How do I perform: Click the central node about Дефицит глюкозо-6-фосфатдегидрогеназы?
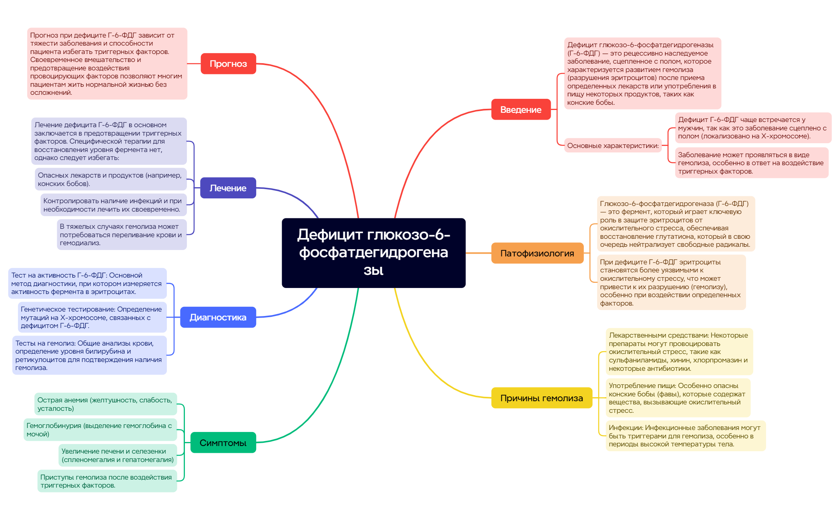[x=373, y=253]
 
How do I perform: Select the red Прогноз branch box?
[x=228, y=64]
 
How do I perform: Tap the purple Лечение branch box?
[x=228, y=188]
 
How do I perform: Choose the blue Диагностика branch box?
[x=218, y=317]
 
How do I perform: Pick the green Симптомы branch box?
[x=223, y=442]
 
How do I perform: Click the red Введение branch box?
[x=521, y=109]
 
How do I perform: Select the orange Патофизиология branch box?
[x=537, y=253]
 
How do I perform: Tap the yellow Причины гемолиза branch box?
[x=542, y=398]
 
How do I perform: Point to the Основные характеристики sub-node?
[x=613, y=146]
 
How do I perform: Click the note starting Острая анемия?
[x=106, y=404]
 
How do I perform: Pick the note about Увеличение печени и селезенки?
[x=118, y=455]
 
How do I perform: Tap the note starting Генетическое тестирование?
[x=92, y=317]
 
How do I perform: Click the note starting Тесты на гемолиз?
[x=89, y=355]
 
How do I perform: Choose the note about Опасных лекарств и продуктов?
[x=111, y=179]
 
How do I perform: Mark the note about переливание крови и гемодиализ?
[x=122, y=234]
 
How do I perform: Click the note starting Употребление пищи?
[x=678, y=398]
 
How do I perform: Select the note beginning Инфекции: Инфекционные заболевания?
[x=686, y=436]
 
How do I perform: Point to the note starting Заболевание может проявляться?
[x=752, y=163]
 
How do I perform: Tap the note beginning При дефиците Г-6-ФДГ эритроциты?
[x=671, y=282]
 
